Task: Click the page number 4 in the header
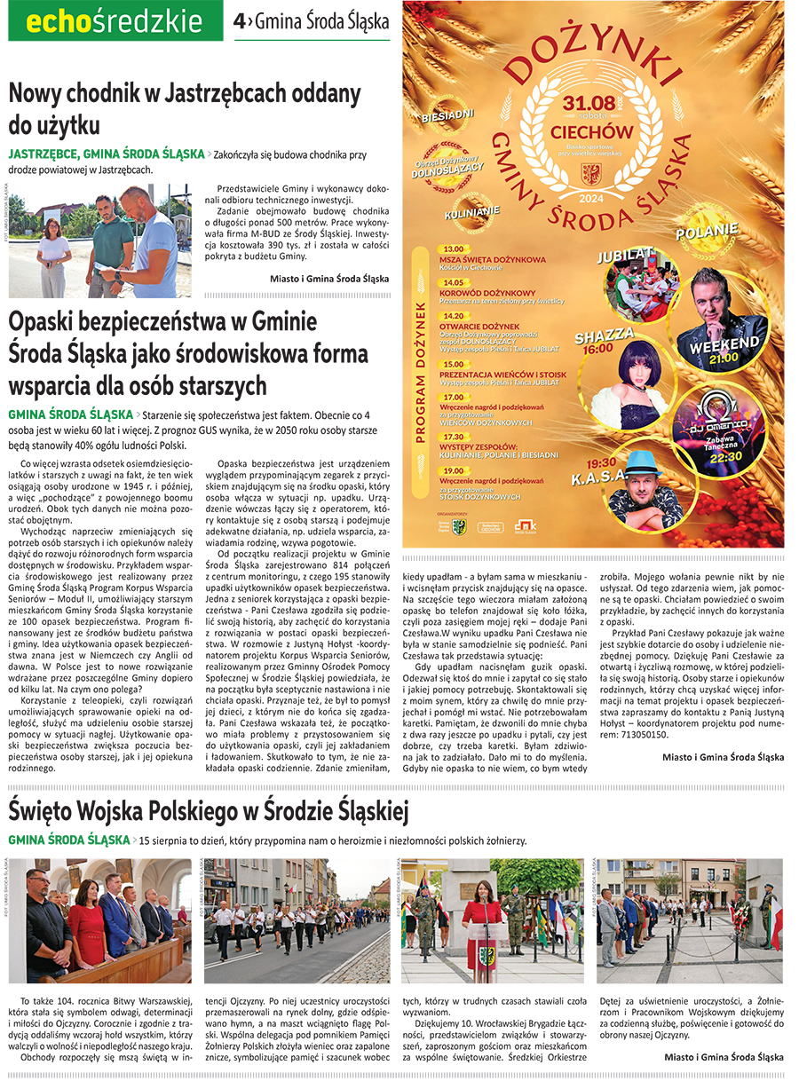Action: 239,21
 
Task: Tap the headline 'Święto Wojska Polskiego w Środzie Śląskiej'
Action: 209,809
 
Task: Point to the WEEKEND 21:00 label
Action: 724,348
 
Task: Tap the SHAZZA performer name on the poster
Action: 604,335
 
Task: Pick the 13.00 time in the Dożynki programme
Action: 454,249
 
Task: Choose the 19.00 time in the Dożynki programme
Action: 454,470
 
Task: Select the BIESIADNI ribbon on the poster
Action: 447,115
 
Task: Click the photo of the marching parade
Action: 297,920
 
